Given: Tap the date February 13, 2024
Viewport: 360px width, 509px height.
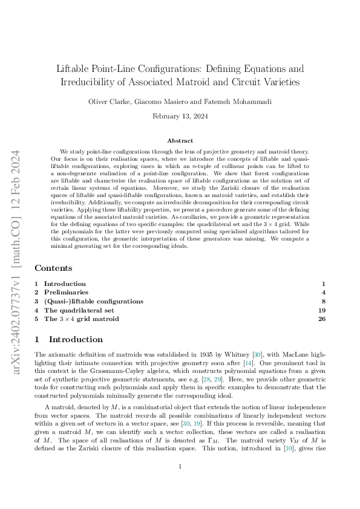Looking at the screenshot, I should (x=180, y=115).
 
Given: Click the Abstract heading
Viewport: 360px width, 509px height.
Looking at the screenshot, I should (x=180, y=140).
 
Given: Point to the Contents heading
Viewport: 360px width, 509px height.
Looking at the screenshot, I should (x=54, y=268).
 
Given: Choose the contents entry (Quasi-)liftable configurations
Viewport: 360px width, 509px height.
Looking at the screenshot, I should (x=94, y=301).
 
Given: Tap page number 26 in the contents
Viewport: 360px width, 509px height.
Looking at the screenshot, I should (x=322, y=319).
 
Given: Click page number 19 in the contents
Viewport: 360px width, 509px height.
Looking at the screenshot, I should (x=322, y=310).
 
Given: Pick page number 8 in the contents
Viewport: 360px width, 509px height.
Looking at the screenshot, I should (x=324, y=301).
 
